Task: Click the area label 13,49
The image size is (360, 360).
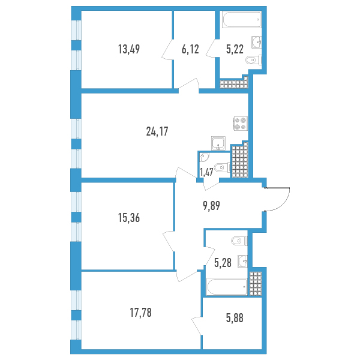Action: point(129,49)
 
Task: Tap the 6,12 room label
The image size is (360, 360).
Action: point(190,49)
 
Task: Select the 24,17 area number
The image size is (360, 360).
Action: point(157,131)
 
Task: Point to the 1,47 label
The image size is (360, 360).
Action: point(206,172)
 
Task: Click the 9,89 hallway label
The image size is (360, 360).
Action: point(211,206)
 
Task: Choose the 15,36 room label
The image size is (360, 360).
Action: point(129,218)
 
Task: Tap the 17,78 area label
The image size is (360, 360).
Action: point(140,313)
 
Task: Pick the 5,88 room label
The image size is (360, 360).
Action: point(235,319)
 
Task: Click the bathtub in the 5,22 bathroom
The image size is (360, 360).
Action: point(242,20)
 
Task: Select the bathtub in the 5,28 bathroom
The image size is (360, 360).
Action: point(227,287)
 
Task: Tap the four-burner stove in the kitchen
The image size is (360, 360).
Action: point(241,124)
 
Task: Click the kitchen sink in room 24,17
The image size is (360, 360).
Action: point(218,143)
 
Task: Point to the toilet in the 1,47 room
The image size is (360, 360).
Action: point(222,167)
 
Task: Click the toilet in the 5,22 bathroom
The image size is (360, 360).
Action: point(254,60)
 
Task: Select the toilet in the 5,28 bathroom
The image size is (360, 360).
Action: point(239,241)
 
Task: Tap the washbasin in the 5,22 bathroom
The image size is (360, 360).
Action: point(257,42)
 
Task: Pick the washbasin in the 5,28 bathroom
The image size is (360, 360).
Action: point(242,261)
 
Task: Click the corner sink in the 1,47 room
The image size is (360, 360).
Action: point(204,157)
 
